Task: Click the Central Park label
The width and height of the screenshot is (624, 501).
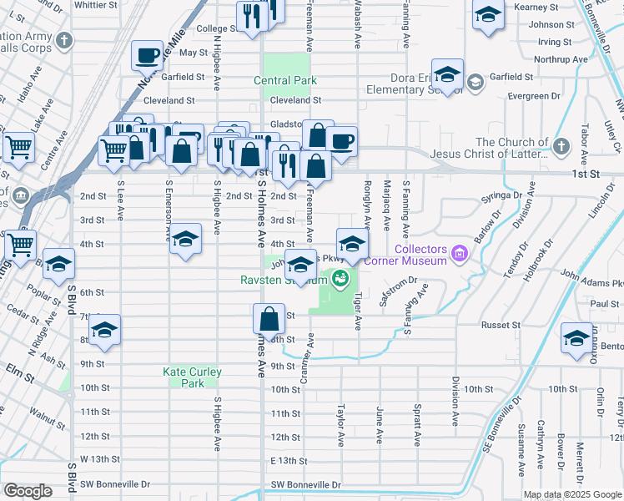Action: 285,81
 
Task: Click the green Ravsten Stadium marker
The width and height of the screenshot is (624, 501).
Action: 340,278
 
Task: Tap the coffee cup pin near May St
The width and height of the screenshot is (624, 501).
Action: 147,55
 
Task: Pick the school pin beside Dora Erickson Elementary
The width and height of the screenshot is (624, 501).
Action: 447,75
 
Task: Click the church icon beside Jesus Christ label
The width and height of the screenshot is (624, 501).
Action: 563,147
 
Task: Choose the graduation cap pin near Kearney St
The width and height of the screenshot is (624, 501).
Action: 488,15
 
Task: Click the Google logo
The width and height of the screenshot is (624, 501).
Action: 28,491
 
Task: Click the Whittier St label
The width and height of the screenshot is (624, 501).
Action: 95,4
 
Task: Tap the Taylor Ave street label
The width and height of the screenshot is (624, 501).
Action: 340,425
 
